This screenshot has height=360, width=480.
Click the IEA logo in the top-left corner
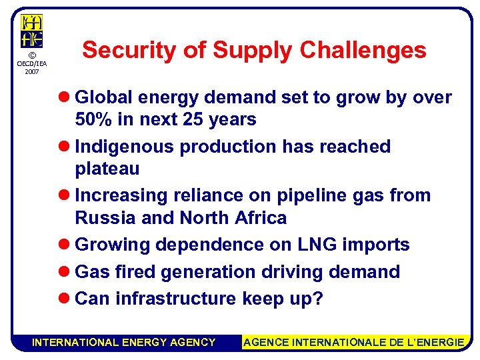coord(31,31)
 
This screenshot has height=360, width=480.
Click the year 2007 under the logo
coord(31,71)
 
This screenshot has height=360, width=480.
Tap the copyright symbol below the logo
coord(31,55)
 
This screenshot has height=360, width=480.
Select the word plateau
coord(107,169)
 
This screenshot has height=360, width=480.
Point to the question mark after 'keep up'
coord(317,298)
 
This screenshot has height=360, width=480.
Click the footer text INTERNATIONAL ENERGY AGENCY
coord(124,342)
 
